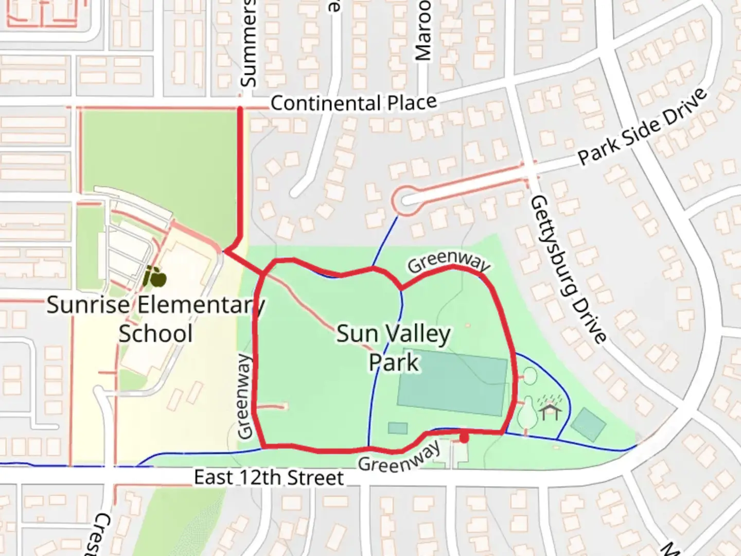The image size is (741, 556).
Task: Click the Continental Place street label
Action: click(354, 103)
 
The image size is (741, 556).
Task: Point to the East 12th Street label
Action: click(268, 478)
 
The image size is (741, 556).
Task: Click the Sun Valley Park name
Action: click(394, 348)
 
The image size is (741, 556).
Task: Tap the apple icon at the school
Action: click(154, 277)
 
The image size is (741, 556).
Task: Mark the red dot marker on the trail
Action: click(464, 439)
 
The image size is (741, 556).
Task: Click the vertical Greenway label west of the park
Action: click(245, 396)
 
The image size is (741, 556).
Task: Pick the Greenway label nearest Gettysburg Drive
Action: click(448, 263)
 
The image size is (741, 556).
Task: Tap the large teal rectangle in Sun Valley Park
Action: click(452, 383)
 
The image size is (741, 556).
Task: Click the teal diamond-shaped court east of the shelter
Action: click(588, 424)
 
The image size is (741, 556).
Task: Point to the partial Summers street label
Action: click(248, 44)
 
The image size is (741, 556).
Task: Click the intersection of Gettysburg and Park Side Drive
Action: click(528, 168)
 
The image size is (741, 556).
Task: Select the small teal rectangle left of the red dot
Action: click(397, 428)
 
